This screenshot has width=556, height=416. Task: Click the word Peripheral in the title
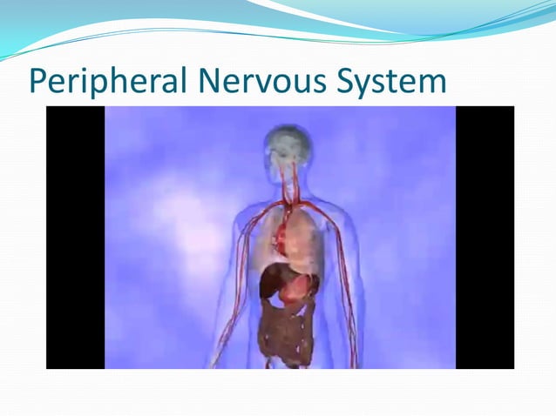tap(108, 81)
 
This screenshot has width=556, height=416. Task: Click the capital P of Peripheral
tap(38, 81)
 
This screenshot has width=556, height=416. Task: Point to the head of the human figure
tap(288, 144)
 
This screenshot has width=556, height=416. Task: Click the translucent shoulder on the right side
tap(336, 209)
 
